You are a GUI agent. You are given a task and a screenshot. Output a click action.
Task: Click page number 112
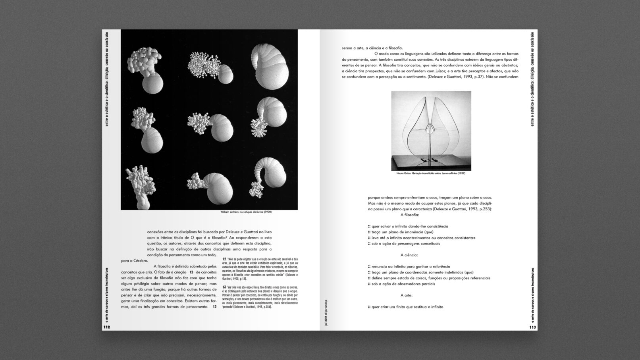point(106,327)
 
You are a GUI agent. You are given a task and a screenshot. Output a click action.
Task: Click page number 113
point(532,327)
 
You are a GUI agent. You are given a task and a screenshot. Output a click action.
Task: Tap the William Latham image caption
point(246,212)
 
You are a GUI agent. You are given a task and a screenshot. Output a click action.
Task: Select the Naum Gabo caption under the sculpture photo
point(431,173)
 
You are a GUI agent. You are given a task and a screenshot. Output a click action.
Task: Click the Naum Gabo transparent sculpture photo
point(431,131)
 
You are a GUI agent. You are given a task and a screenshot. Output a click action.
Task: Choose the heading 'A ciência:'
point(409,255)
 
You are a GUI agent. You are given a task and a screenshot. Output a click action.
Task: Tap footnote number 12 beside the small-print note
point(224,259)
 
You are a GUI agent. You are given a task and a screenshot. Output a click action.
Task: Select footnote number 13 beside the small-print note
point(224,287)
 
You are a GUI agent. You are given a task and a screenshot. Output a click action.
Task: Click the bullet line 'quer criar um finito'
point(405,307)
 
